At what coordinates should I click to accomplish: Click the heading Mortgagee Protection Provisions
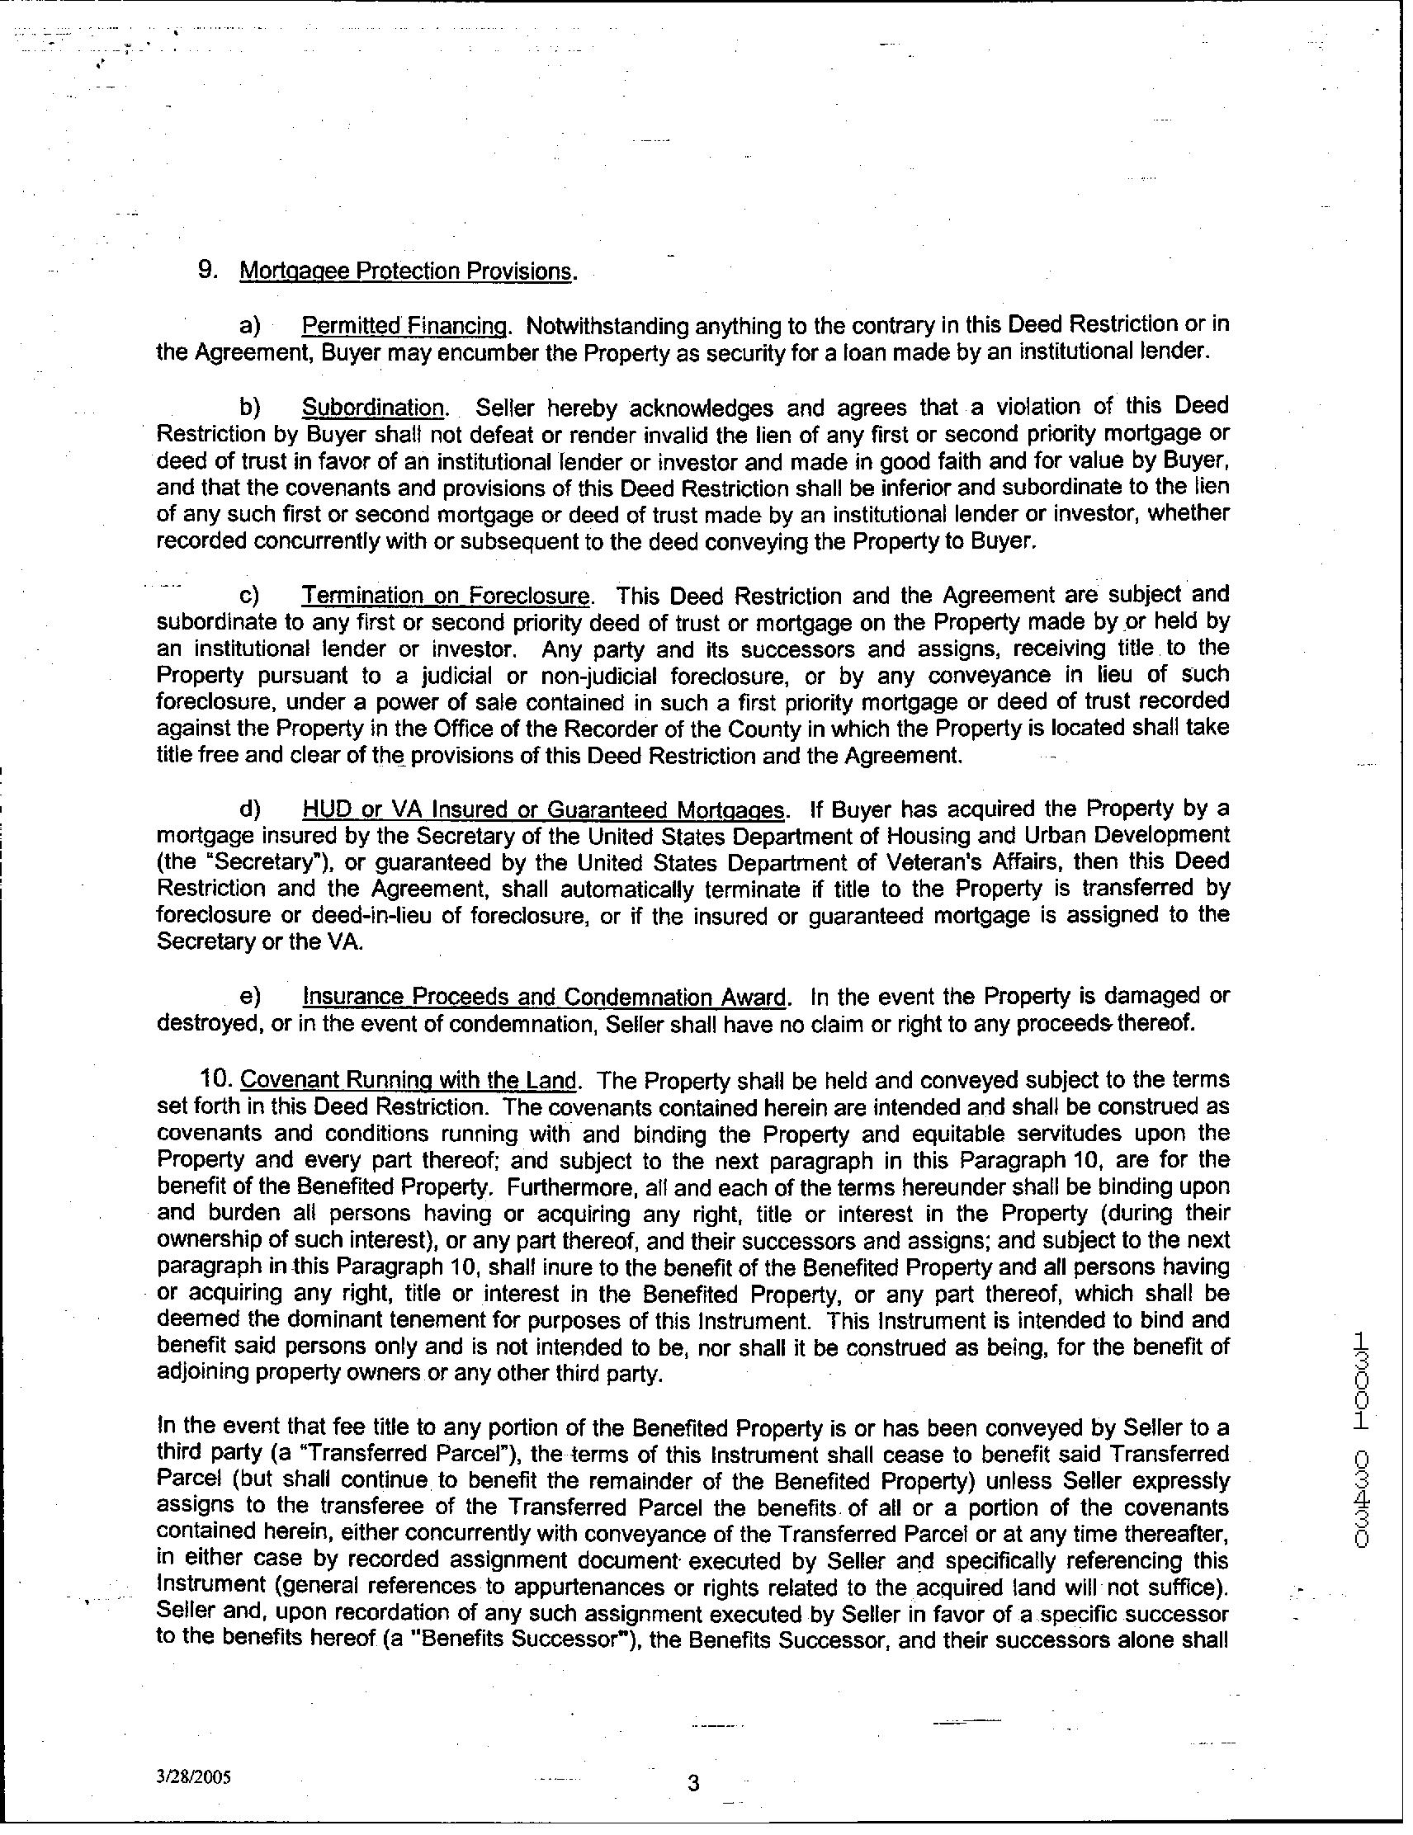[x=408, y=271]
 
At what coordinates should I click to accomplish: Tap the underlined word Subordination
[x=373, y=408]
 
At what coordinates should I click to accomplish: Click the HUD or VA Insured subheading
[x=544, y=809]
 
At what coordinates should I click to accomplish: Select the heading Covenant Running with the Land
[x=409, y=1080]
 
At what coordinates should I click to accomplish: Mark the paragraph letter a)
[x=250, y=325]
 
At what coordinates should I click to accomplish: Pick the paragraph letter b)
[x=250, y=408]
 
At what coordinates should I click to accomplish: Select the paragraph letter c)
[x=249, y=596]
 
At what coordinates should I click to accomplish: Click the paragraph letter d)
[x=250, y=809]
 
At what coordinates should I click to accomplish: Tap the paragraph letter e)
[x=250, y=997]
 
